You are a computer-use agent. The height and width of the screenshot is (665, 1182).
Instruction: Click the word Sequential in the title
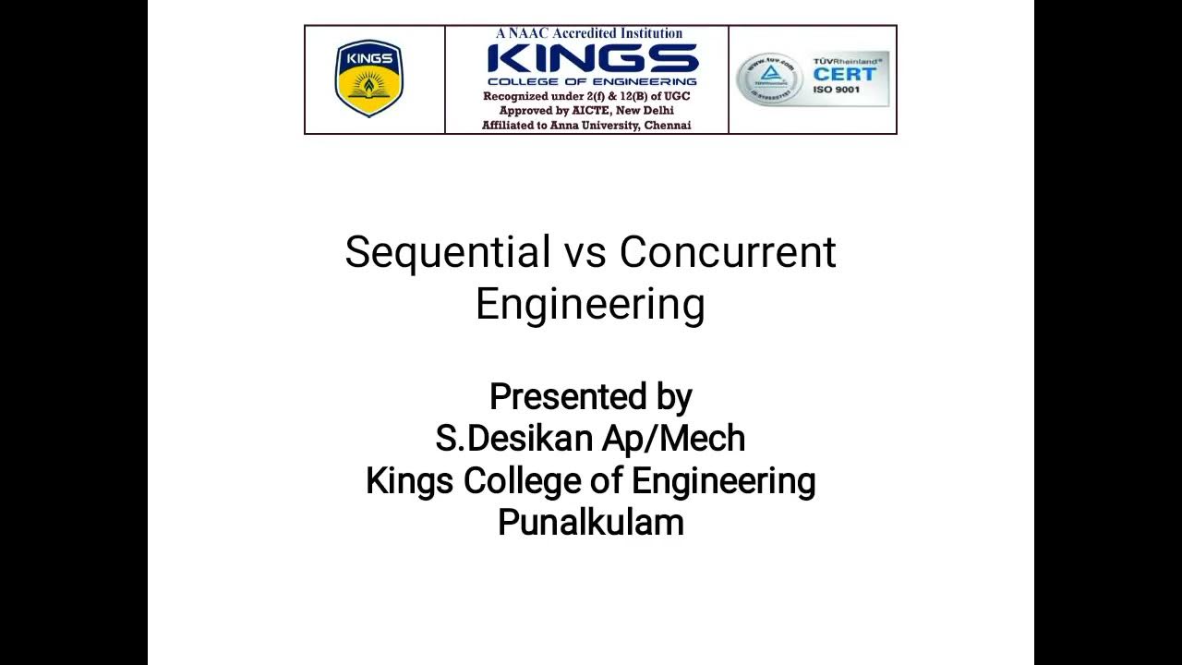(447, 253)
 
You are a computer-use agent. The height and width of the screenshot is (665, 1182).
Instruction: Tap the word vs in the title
(585, 253)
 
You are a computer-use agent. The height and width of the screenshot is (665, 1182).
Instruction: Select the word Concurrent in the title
(728, 253)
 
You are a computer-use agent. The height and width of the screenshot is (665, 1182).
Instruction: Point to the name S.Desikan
(514, 439)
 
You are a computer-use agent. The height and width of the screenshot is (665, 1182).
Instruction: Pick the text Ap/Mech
(673, 439)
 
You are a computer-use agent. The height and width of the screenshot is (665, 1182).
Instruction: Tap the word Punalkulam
(591, 523)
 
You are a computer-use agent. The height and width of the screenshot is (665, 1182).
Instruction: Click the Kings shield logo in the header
(369, 79)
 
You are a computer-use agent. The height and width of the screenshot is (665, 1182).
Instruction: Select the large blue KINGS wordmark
(592, 59)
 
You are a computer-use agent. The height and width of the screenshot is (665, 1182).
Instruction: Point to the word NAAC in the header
(530, 33)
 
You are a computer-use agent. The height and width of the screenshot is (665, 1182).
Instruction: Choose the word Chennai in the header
(668, 126)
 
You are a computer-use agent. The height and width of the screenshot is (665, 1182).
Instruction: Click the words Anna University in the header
(594, 126)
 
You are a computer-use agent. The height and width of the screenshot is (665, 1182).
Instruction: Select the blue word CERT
(843, 74)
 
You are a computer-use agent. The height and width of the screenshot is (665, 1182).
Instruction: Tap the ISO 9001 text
(837, 91)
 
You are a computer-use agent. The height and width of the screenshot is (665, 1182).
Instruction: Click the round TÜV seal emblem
(768, 79)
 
